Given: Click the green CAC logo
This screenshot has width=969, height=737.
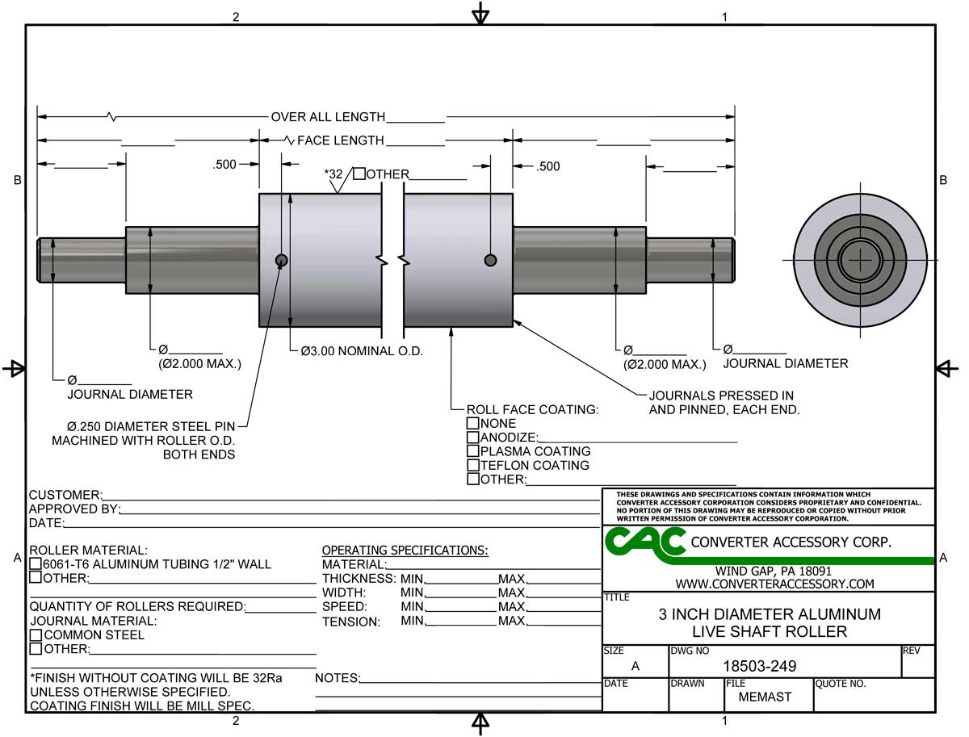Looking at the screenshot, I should click(x=644, y=543).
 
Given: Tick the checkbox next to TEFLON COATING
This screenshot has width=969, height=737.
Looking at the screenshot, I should click(x=473, y=466).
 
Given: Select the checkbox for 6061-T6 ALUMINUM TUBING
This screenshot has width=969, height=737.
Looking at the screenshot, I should click(x=36, y=564).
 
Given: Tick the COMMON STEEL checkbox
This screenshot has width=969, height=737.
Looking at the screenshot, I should click(x=36, y=635).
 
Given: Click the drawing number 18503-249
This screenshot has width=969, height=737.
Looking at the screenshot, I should click(x=758, y=667).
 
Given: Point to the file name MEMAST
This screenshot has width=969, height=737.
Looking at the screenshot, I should click(x=765, y=697).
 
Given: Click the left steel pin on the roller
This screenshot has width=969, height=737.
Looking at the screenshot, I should click(x=281, y=260).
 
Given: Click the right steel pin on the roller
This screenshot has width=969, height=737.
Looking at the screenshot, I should click(x=490, y=260).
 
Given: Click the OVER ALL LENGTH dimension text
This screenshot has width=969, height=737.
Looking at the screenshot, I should click(x=328, y=117).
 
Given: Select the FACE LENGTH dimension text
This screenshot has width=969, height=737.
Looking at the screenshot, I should click(x=340, y=140).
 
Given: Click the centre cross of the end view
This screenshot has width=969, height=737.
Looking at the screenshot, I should click(x=861, y=260).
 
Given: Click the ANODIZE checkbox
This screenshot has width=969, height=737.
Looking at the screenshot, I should click(x=473, y=438).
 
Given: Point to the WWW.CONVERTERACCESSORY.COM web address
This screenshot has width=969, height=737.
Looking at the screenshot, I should click(x=774, y=584).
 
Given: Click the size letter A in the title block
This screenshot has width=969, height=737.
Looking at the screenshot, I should click(x=635, y=667).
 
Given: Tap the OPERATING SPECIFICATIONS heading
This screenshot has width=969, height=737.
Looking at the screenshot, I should click(x=405, y=551).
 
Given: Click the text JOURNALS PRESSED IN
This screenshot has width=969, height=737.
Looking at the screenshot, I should click(x=721, y=396).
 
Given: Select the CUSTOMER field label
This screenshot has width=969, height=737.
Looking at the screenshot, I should click(x=65, y=495).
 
